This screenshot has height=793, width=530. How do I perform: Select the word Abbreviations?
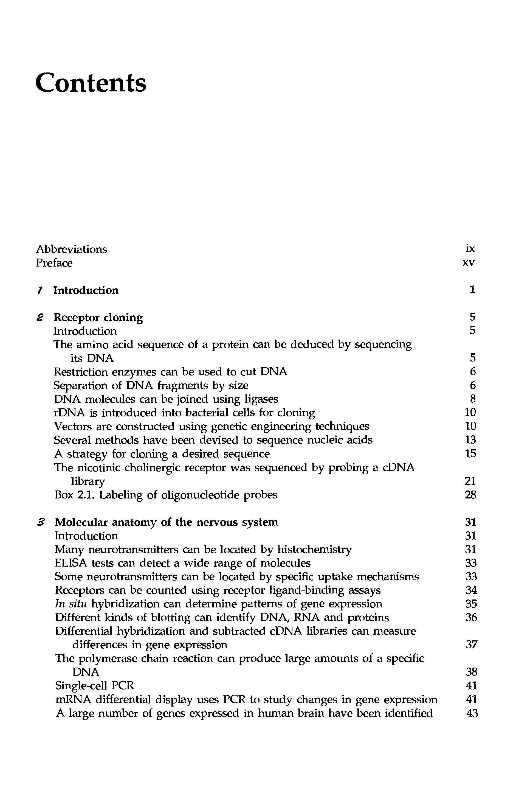71,249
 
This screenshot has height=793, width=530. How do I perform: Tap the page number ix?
470,249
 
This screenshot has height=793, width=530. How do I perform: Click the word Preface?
54,263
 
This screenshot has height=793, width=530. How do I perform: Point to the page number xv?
468,263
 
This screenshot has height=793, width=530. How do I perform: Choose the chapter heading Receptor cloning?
98,318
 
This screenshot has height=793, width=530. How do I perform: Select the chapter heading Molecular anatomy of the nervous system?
166,522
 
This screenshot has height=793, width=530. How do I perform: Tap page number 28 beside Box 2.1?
470,495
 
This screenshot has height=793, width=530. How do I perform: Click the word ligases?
261,399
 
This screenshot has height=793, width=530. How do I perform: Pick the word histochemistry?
314,550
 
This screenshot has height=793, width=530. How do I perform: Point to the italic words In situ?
71,604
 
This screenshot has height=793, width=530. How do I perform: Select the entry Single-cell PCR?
94,686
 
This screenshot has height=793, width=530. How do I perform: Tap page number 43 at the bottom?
472,713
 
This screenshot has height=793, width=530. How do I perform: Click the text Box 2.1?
75,495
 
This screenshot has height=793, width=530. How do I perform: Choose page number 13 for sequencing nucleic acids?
470,440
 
